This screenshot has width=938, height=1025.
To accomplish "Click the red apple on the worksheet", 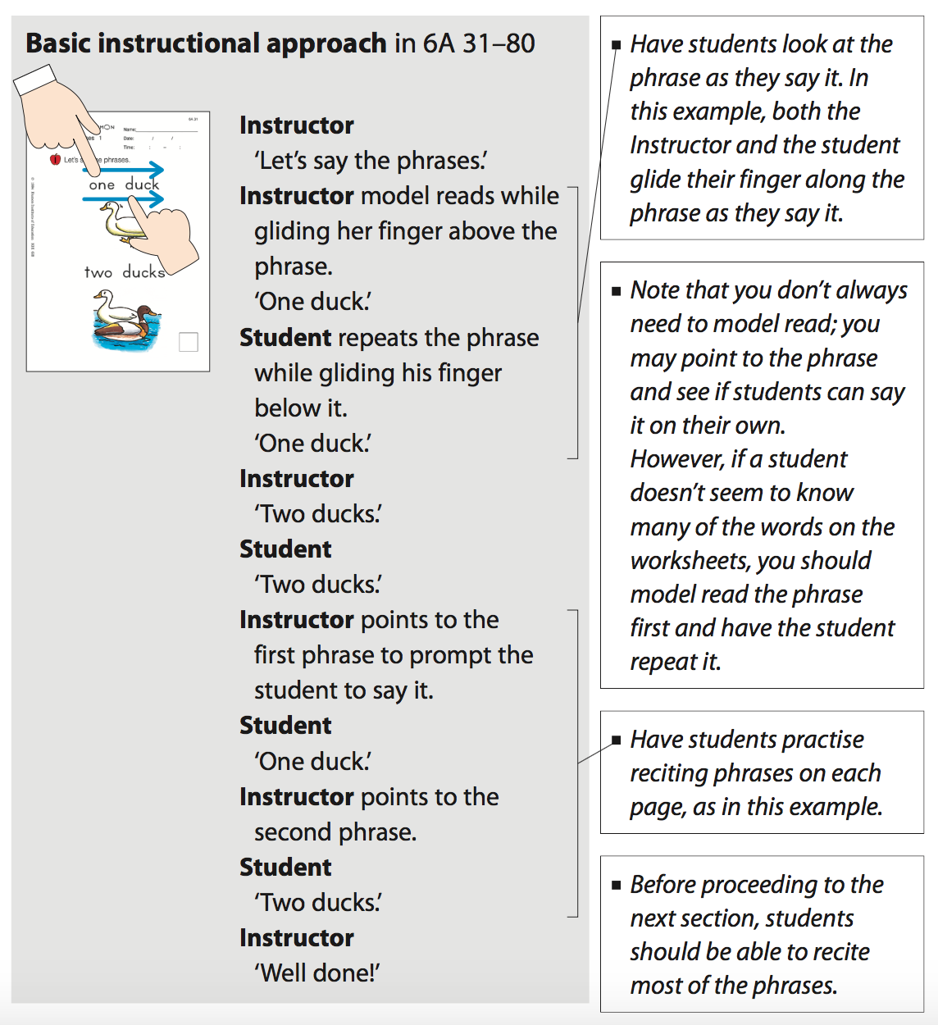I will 56,159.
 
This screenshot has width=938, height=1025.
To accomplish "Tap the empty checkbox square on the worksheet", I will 189,342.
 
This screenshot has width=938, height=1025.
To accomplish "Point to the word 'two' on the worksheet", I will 98,272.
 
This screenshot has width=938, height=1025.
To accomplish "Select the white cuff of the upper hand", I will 34,80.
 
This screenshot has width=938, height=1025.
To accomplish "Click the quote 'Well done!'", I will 317,973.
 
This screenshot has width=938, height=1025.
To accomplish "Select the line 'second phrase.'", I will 335,832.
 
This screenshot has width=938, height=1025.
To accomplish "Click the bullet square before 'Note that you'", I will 617,291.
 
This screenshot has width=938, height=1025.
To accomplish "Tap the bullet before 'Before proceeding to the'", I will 617,886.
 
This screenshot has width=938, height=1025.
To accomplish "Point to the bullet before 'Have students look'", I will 617,45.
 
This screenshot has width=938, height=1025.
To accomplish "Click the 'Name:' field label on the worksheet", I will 130,130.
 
